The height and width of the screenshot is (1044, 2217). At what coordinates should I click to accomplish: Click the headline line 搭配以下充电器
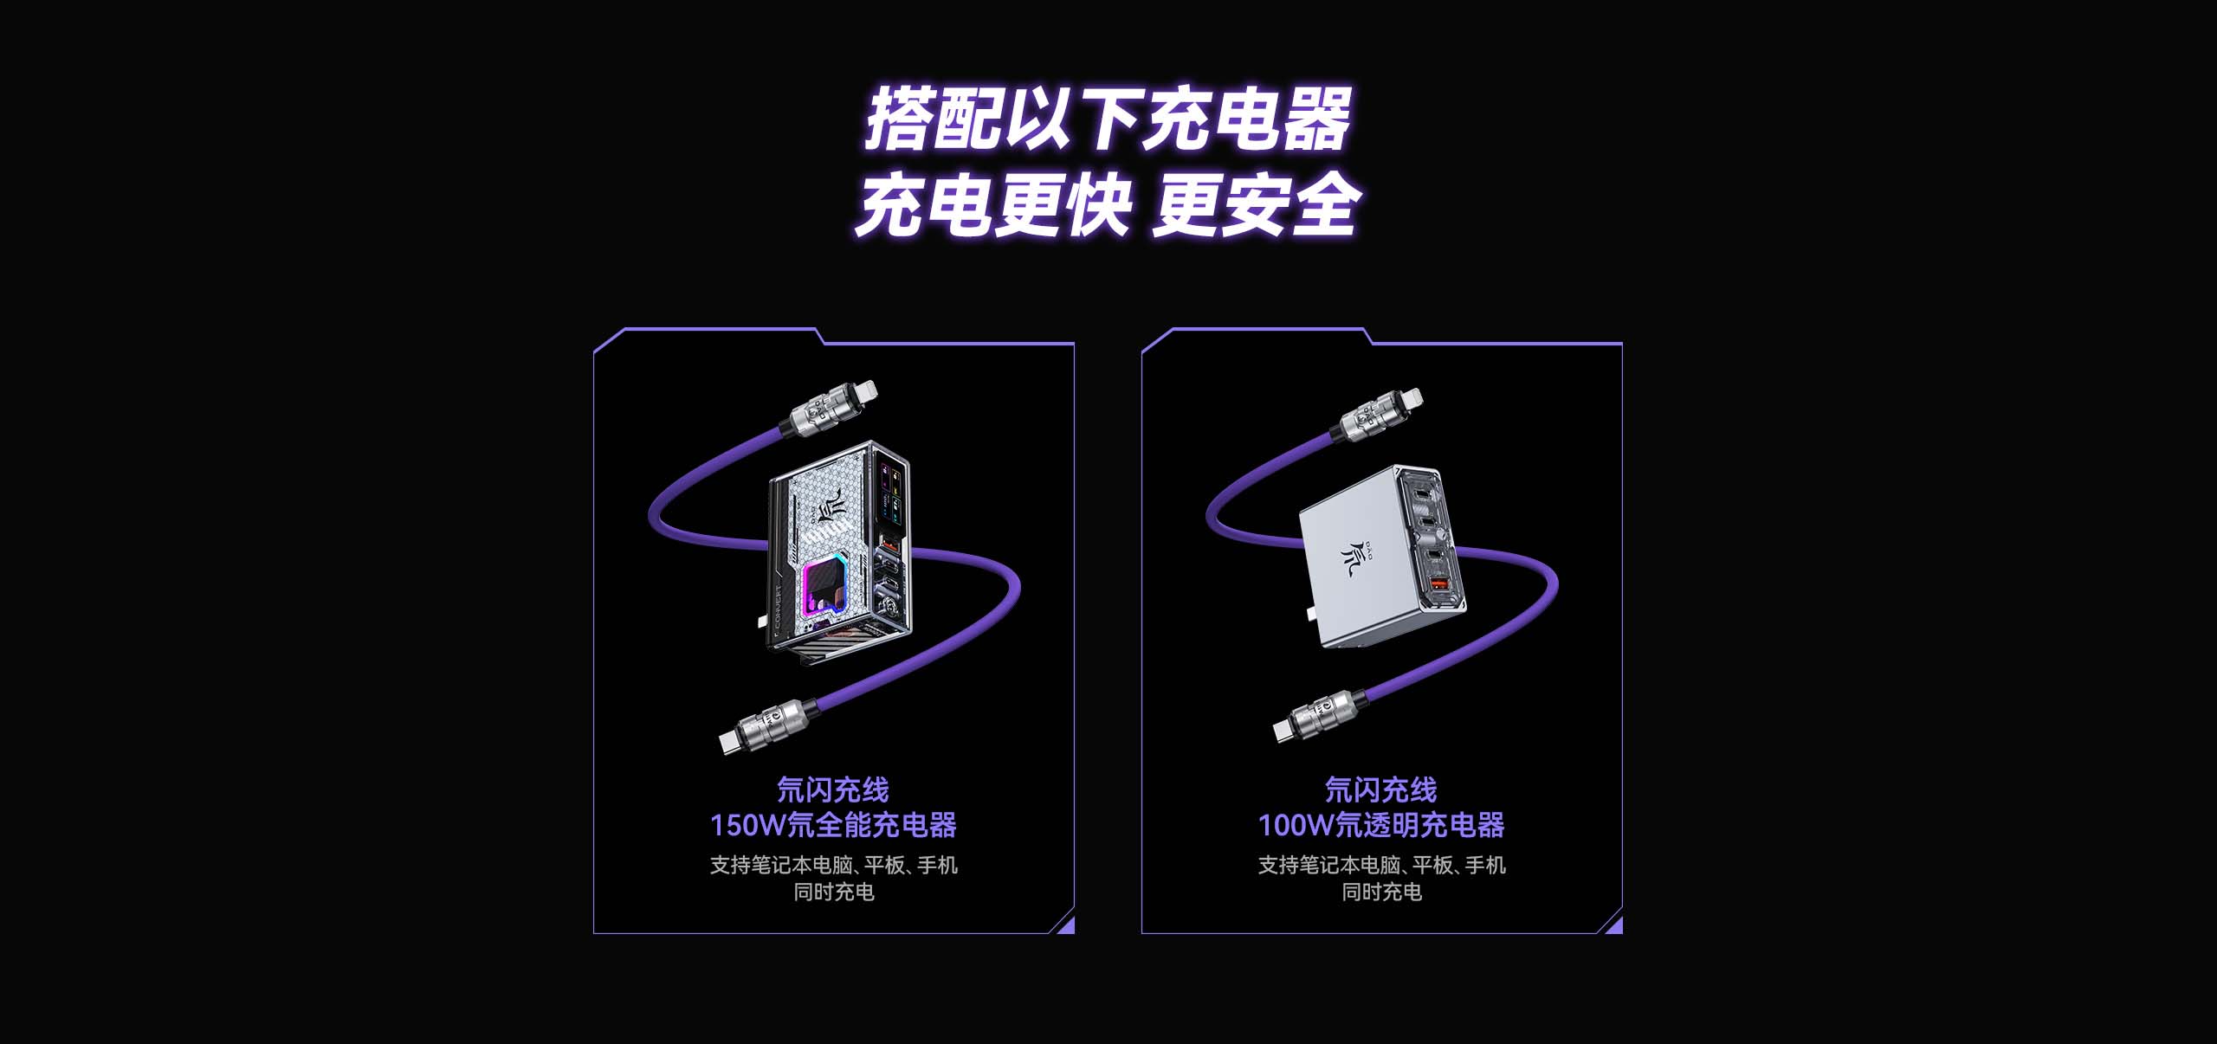[x=1108, y=119]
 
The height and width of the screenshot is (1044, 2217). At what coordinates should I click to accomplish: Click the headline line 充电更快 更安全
[x=1108, y=205]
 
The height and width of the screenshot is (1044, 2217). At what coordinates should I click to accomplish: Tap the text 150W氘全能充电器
[x=833, y=825]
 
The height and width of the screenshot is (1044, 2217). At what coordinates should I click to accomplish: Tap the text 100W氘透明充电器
[x=1381, y=825]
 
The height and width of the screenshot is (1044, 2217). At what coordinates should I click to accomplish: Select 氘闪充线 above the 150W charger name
[x=833, y=789]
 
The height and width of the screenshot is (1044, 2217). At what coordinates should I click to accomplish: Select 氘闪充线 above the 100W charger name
[x=1381, y=789]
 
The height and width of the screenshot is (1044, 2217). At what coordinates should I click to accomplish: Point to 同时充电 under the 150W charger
[x=834, y=892]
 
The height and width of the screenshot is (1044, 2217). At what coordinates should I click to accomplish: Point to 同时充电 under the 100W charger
[x=1382, y=892]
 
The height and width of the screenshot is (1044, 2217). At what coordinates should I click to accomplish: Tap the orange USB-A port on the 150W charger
[x=888, y=547]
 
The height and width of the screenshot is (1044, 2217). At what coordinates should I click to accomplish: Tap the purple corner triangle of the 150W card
[x=1066, y=925]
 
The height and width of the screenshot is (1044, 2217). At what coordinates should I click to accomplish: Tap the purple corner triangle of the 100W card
[x=1614, y=925]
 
